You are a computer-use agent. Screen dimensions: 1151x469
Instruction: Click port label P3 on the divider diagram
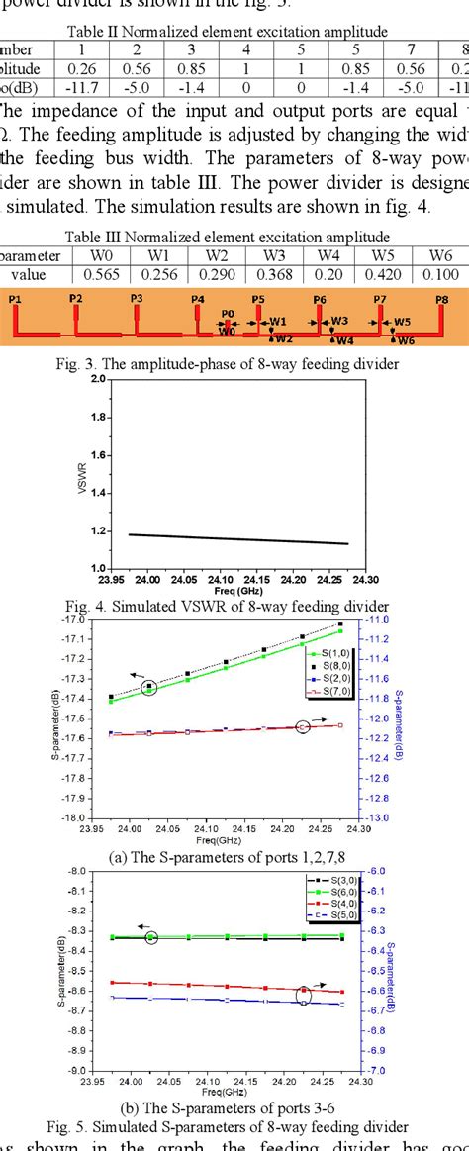pos(137,297)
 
